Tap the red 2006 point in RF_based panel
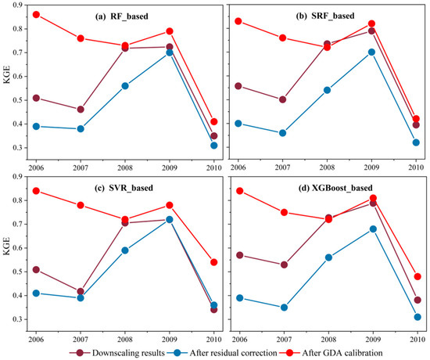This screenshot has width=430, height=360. pyautogui.click(x=36, y=15)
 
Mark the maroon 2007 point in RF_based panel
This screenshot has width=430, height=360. pyautogui.click(x=81, y=110)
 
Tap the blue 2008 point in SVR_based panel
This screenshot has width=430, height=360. pyautogui.click(x=125, y=250)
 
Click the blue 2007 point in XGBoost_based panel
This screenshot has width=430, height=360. pyautogui.click(x=284, y=308)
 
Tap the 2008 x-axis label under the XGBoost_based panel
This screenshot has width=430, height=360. pyautogui.click(x=328, y=332)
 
